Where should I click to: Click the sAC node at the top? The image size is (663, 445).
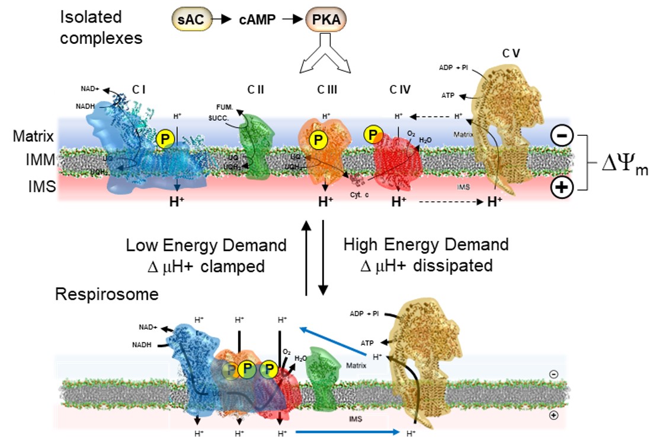tap(190, 20)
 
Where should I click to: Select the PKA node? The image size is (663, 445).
tap(325, 20)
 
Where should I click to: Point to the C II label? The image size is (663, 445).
tap(255, 90)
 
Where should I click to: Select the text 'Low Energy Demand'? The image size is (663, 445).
tap(206, 245)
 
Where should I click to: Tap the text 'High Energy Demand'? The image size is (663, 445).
tap(426, 244)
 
